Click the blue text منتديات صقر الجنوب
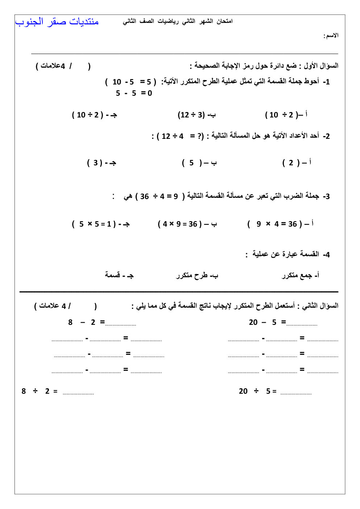[x=57, y=22]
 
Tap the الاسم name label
[x=331, y=36]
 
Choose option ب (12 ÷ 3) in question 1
[x=196, y=115]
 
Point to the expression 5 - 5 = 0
[x=134, y=93]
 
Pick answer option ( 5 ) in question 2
[x=199, y=163]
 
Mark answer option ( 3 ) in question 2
[x=101, y=163]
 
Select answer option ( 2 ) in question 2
[x=297, y=163]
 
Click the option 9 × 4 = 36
[x=280, y=224]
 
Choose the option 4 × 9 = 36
[x=187, y=224]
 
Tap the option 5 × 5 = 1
[x=100, y=224]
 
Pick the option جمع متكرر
[x=300, y=276]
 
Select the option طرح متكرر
[x=197, y=276]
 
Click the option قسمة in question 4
[x=119, y=275]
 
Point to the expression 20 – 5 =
[x=267, y=322]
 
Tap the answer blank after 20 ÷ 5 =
[x=296, y=392]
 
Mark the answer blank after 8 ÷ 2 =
[x=78, y=392]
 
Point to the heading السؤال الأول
[x=321, y=66]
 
